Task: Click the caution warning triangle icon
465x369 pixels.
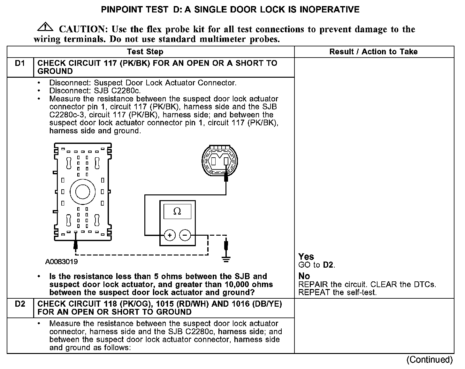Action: pyautogui.click(x=45, y=27)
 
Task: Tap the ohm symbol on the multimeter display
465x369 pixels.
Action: pyautogui.click(x=177, y=211)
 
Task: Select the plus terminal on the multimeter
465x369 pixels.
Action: pyautogui.click(x=170, y=236)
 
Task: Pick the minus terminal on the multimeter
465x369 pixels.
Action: pyautogui.click(x=185, y=236)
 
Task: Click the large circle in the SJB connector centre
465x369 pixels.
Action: pyautogui.click(x=82, y=192)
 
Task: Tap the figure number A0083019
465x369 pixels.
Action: pyautogui.click(x=61, y=262)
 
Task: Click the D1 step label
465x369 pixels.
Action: pyautogui.click(x=20, y=63)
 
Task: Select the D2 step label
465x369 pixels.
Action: pyautogui.click(x=20, y=304)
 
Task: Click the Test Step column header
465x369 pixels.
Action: pyautogui.click(x=145, y=52)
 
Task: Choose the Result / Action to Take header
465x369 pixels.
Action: pyautogui.click(x=373, y=52)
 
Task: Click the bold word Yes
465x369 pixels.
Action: pyautogui.click(x=306, y=256)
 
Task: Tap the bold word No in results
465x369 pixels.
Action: pyautogui.click(x=304, y=276)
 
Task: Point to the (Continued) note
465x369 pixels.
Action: pyautogui.click(x=429, y=360)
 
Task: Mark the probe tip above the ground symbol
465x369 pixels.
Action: pyautogui.click(x=226, y=246)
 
